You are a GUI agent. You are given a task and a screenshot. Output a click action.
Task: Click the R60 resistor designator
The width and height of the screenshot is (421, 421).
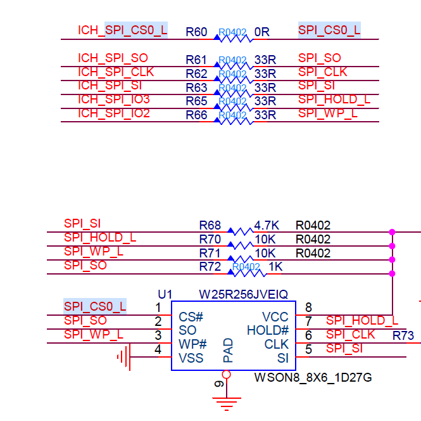[x=196, y=32]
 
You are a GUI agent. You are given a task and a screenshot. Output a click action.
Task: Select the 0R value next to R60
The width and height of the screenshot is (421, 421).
[x=262, y=32]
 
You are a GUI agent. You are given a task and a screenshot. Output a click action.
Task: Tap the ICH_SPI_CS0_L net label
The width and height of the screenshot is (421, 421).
[x=123, y=30]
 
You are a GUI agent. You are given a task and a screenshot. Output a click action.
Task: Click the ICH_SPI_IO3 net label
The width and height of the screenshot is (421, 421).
[x=114, y=100]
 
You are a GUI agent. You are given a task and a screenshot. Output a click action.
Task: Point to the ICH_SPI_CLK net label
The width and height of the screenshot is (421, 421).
[x=116, y=72]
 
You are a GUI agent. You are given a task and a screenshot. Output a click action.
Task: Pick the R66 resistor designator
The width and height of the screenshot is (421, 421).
[x=196, y=115]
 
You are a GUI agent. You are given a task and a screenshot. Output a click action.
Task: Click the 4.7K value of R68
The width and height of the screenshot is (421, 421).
[x=267, y=226]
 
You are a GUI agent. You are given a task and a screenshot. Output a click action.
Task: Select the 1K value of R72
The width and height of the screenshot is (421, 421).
[x=276, y=267]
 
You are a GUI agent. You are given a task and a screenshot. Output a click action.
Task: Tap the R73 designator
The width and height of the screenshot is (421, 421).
[x=403, y=335]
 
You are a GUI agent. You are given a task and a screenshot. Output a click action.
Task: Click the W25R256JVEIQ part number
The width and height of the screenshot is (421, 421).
[x=244, y=295]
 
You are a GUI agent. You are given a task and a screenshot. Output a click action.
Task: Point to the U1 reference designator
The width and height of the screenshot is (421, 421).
[x=165, y=295]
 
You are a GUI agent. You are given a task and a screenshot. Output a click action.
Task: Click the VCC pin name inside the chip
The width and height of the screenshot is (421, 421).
[x=275, y=317]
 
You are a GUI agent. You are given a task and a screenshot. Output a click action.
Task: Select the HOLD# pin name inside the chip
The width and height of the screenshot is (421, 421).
[x=268, y=330]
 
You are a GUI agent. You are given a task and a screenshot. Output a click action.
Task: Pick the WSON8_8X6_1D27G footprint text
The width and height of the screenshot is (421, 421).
[x=313, y=378]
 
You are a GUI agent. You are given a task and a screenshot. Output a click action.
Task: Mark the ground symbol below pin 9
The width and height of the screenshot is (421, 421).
[x=226, y=402]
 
